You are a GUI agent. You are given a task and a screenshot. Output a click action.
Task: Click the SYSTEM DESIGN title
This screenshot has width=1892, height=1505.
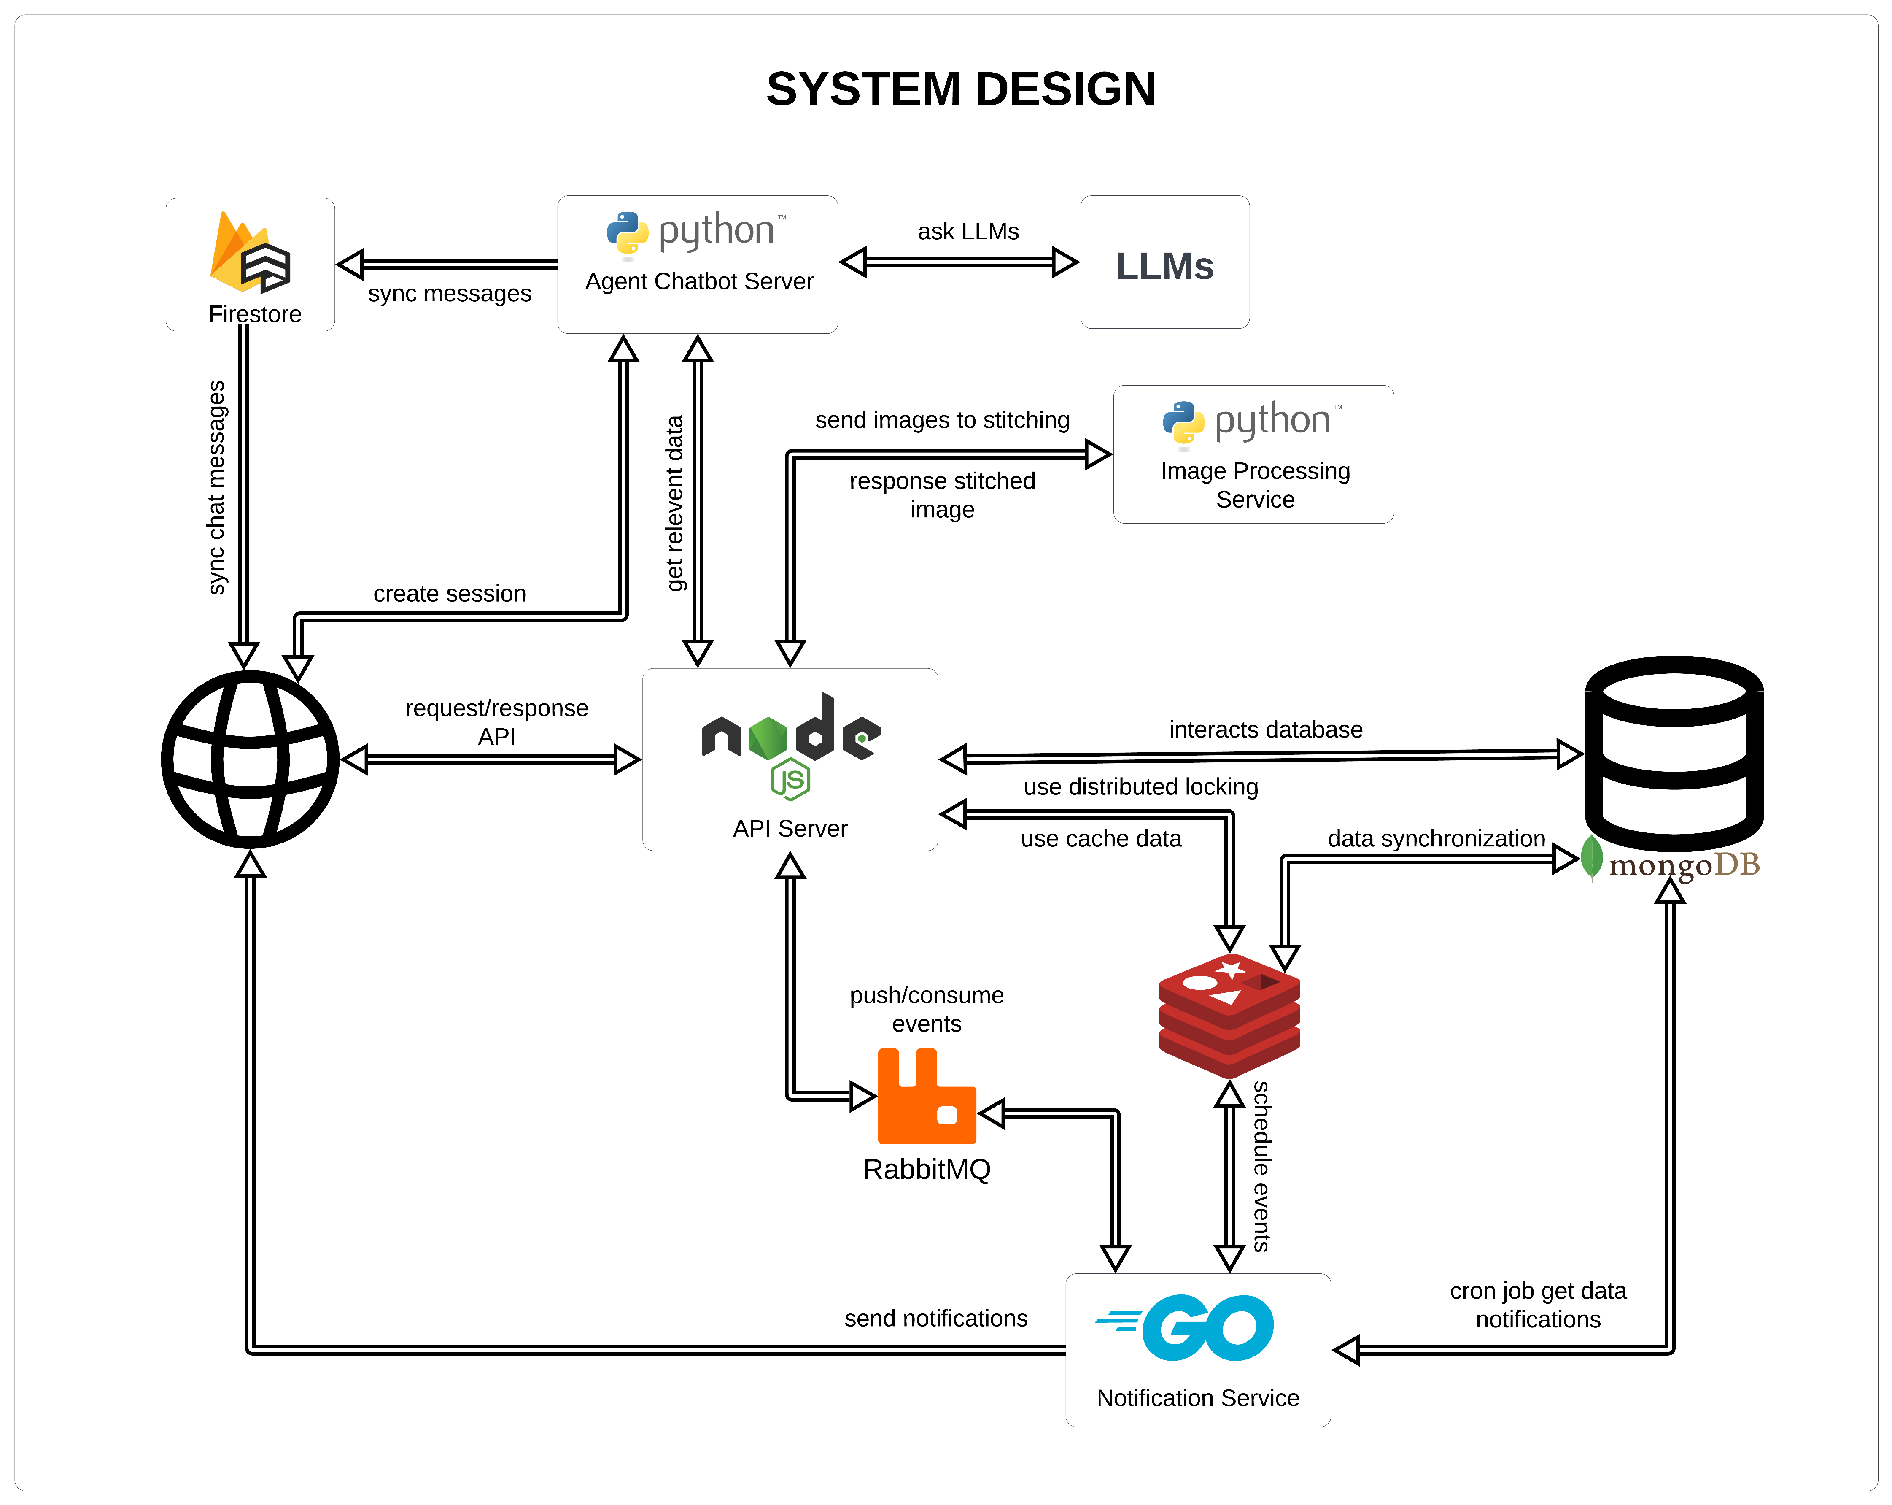[961, 89]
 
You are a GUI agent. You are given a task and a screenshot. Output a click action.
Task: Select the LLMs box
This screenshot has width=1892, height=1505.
[1164, 263]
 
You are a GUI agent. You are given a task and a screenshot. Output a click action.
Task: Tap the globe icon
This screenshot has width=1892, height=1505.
[250, 759]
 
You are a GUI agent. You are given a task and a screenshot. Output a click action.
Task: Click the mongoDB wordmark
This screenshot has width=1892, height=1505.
[1683, 865]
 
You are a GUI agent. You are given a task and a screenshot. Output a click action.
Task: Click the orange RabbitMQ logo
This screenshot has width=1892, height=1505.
[926, 1097]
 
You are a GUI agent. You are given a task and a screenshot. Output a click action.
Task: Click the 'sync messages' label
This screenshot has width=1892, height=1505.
[449, 293]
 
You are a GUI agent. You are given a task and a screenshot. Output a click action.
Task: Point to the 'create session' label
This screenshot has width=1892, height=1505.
[449, 594]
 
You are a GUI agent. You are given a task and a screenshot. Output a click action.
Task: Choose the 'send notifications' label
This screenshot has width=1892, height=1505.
[935, 1318]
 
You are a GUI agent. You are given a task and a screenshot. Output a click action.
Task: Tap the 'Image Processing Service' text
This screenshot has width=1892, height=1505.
[1255, 485]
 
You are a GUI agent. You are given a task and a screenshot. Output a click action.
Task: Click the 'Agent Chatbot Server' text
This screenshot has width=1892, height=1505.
[698, 281]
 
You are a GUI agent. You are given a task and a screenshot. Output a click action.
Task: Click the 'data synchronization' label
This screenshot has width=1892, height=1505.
[1436, 838]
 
